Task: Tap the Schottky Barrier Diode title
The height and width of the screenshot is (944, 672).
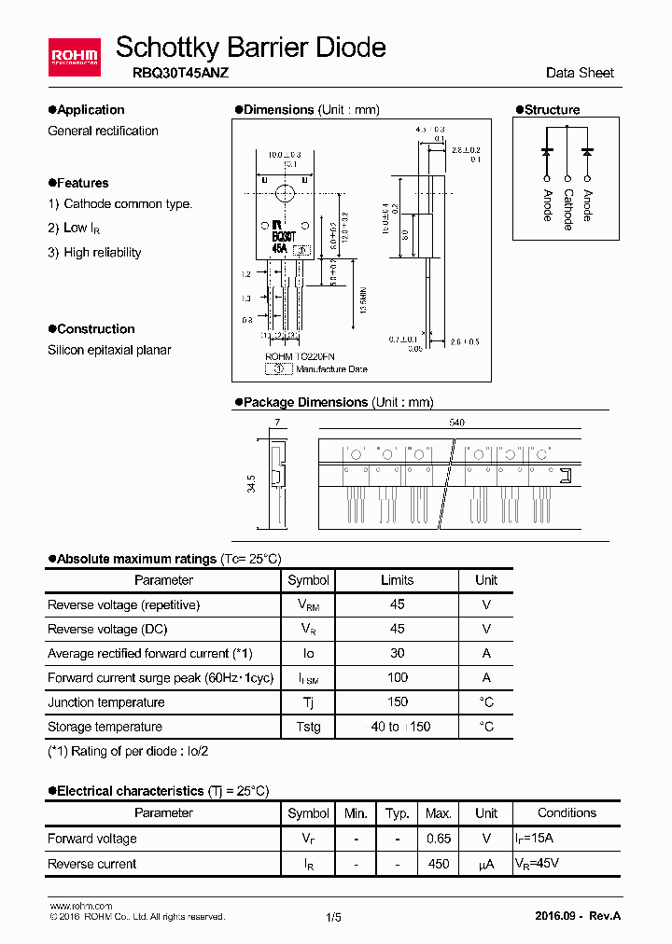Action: coord(250,47)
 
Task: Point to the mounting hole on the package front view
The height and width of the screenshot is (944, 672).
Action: coord(284,193)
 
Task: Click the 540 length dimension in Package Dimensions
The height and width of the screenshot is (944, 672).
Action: coord(456,423)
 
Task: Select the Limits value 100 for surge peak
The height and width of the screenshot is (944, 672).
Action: coord(397,678)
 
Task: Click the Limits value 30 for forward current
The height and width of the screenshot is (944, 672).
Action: coord(397,654)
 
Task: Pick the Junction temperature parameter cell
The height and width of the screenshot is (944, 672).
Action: coord(105,702)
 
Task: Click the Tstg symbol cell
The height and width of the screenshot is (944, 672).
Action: coord(308,727)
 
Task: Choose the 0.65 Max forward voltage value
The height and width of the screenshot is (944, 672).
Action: coord(439,839)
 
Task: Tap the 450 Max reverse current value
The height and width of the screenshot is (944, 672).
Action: coord(439,864)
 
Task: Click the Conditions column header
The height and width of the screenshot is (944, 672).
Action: coord(567,813)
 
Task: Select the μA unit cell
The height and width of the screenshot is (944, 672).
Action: coord(485,864)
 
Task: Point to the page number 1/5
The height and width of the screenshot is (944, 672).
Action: coord(334,917)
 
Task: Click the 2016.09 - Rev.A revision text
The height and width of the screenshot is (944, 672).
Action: coord(578,916)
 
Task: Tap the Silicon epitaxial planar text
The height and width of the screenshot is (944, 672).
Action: coord(109,350)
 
